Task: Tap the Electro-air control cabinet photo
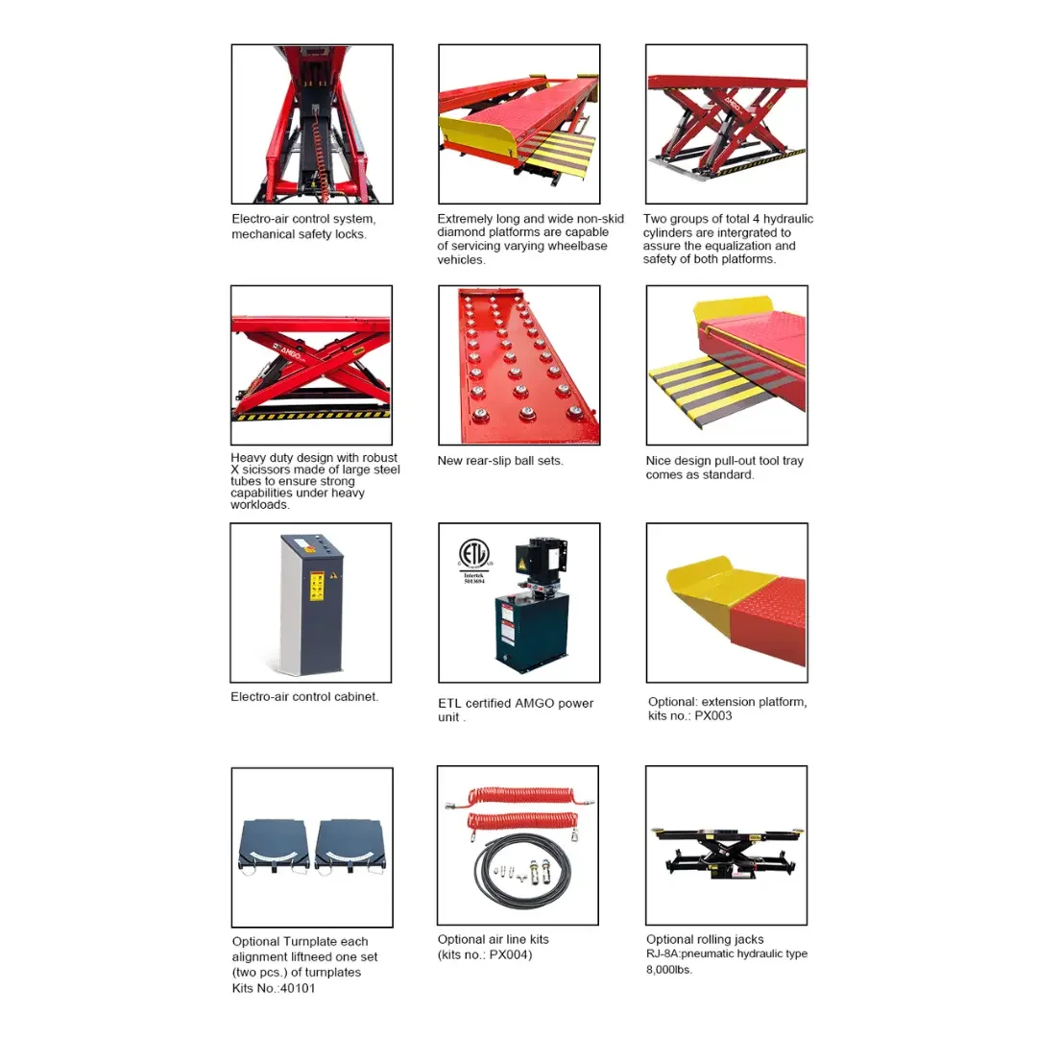pos(311,602)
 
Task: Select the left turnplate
pos(273,848)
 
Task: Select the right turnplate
pos(350,848)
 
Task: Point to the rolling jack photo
pos(726,845)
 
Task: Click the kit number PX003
pos(712,715)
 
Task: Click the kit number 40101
pos(298,988)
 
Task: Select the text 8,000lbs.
pos(669,970)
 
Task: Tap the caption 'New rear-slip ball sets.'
pos(500,460)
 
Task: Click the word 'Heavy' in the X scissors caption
pos(248,458)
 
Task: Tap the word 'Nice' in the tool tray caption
pos(658,460)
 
